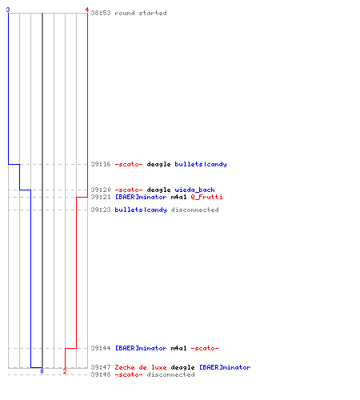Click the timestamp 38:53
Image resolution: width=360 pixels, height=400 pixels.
click(x=101, y=13)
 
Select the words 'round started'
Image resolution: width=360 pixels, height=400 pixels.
click(x=141, y=13)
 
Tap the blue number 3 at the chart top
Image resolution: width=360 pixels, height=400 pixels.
click(x=8, y=10)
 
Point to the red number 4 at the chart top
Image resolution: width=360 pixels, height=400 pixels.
click(x=87, y=10)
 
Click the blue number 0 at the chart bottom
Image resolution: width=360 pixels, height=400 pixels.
click(x=42, y=371)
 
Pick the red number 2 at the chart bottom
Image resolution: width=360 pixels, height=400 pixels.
click(x=65, y=371)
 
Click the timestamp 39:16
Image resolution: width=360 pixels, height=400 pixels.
click(x=101, y=164)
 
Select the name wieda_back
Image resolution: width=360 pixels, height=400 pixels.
click(x=194, y=190)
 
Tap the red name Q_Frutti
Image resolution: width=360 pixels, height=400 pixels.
click(x=206, y=197)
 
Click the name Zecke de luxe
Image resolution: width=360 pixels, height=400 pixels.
click(x=141, y=367)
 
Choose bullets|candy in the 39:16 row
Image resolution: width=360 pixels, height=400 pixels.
click(x=201, y=164)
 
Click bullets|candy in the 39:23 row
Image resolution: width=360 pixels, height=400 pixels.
click(x=141, y=210)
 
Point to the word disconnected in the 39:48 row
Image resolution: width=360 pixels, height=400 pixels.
click(x=170, y=374)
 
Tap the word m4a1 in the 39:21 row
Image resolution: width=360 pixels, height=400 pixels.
click(x=178, y=197)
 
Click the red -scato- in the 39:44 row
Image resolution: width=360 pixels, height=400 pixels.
click(x=205, y=348)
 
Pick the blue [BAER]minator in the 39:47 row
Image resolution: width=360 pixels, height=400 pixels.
click(x=225, y=367)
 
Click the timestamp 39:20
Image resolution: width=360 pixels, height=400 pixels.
click(x=101, y=190)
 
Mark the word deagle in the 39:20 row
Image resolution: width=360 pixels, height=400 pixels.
click(x=158, y=190)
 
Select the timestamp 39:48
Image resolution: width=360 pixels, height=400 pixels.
click(x=101, y=374)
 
